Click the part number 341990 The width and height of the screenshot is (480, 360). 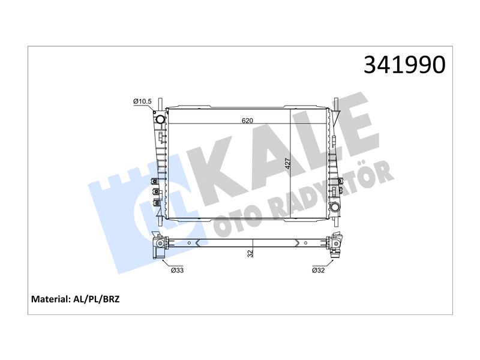pos(404,65)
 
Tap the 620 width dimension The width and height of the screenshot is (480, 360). pos(247,121)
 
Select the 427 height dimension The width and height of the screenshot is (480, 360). pos(287,163)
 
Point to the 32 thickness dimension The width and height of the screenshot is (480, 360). pos(250,253)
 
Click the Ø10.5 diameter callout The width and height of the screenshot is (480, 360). pos(142,101)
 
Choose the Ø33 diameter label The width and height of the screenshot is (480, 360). pos(178,270)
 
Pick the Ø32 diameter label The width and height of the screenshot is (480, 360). pos(318,270)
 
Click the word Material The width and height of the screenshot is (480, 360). pos(51,299)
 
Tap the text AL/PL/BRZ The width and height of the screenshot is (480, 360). pos(97,299)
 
